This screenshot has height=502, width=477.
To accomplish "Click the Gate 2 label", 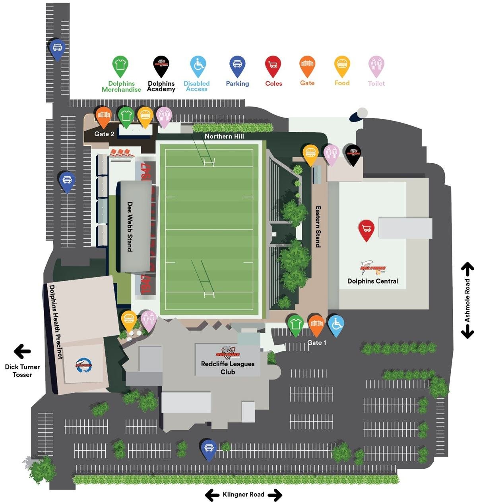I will [104, 134].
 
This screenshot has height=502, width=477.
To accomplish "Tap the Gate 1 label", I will [316, 342].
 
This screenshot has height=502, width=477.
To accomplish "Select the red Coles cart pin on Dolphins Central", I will [366, 229].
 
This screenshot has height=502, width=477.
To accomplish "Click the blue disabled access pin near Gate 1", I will [336, 324].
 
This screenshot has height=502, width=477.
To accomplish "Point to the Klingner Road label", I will [243, 494].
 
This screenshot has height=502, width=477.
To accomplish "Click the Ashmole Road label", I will [467, 300].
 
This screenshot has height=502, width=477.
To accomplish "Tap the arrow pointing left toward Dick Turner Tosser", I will [22, 351].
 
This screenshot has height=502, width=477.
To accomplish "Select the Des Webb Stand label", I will [130, 226].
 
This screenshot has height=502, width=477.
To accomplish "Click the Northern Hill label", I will [224, 136].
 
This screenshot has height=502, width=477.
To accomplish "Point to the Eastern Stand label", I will [318, 226].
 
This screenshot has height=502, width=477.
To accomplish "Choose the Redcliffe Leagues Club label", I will [228, 368].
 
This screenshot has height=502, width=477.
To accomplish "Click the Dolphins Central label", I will [372, 281].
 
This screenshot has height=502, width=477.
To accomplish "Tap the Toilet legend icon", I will [376, 65].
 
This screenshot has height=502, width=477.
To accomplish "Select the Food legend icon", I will [342, 65].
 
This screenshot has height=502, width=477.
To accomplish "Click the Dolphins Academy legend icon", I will [161, 65].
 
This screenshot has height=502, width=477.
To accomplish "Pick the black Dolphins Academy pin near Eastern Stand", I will [353, 154].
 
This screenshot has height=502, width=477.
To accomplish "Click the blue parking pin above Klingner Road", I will [209, 449].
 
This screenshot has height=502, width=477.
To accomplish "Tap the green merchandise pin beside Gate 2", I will [126, 116].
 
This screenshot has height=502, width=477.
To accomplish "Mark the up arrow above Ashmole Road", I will [467, 269].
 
